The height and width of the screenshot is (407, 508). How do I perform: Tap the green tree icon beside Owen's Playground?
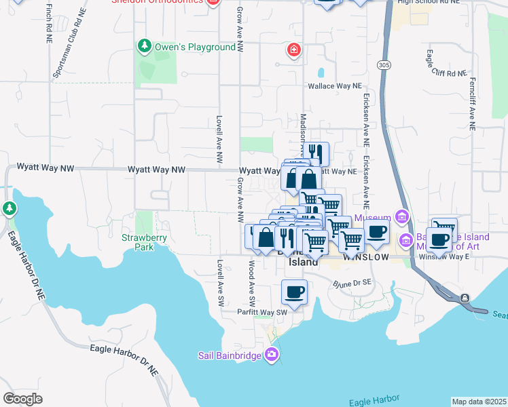coord(144,46)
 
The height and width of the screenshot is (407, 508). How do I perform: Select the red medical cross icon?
coord(293,50)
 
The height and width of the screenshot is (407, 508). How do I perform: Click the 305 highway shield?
coord(384,64)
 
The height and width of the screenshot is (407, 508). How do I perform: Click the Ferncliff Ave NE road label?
coord(471,103)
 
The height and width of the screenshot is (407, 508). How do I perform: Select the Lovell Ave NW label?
coord(219,138)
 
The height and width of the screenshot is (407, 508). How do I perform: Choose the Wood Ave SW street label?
coord(251,281)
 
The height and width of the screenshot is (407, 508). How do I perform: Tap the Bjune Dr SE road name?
coord(351,282)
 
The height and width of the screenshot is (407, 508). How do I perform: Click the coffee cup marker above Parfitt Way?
coord(294,292)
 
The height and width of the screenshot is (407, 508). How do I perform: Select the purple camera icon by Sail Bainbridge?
coord(272,354)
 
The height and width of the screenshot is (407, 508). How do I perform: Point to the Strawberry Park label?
coord(139,242)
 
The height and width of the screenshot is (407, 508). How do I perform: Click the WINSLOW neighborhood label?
coord(365,258)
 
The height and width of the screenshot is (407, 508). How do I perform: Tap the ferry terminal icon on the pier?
coord(465,298)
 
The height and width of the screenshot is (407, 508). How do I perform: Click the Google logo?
coord(23,398)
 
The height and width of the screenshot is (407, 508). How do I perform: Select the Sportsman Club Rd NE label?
coord(66,43)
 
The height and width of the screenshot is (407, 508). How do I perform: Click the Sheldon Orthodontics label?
coord(157,1)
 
